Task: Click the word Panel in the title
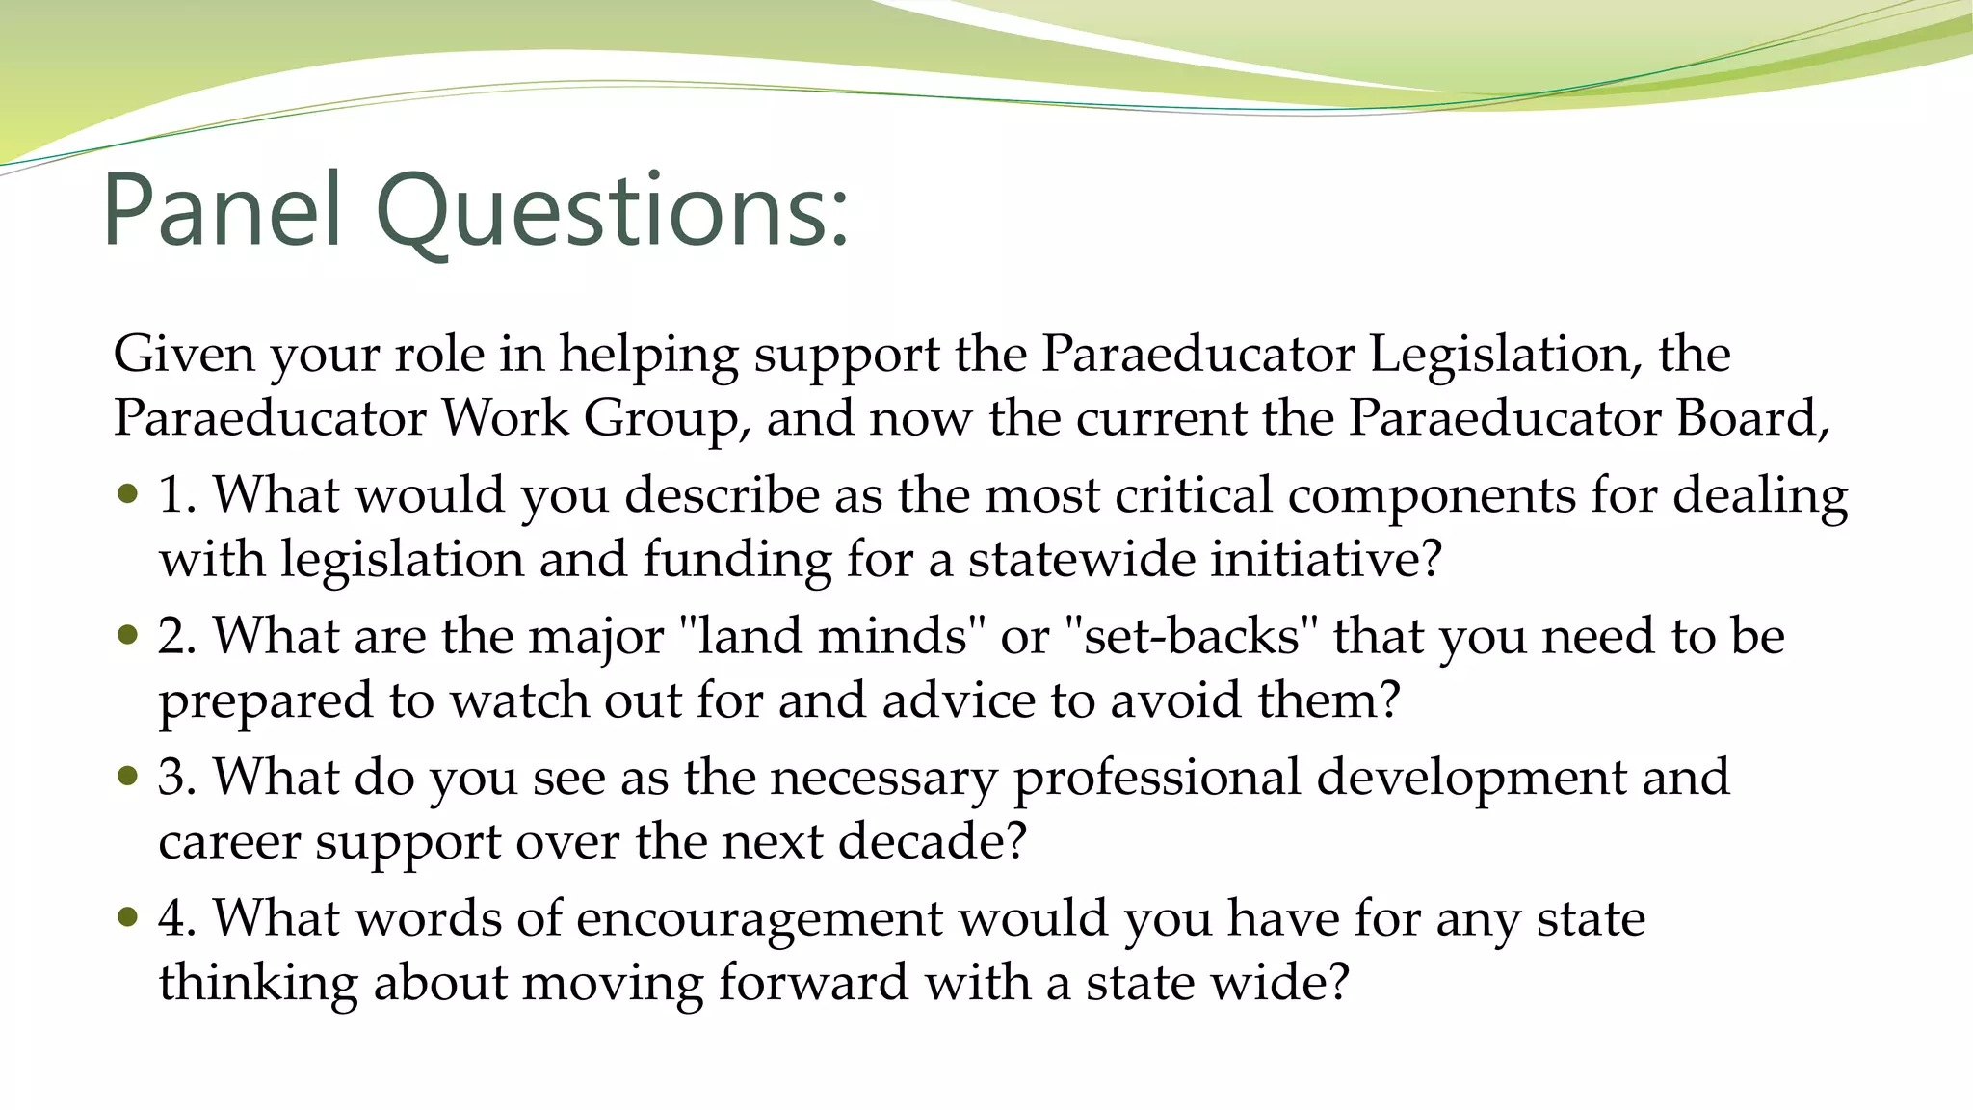(x=223, y=209)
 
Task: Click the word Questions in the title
(x=612, y=209)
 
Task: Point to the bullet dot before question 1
(x=128, y=494)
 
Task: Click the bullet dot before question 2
(x=128, y=635)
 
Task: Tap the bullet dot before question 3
(x=128, y=776)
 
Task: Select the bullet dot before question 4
(x=128, y=916)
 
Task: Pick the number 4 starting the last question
(x=173, y=917)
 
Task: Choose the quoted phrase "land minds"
(x=832, y=636)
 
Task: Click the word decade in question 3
(x=920, y=841)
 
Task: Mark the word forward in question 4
(x=814, y=982)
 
